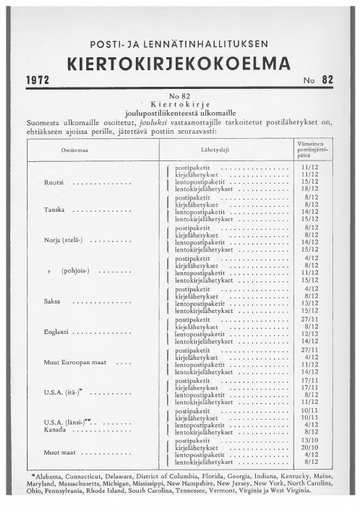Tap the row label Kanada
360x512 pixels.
click(x=53, y=430)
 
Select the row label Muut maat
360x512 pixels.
click(x=60, y=453)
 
